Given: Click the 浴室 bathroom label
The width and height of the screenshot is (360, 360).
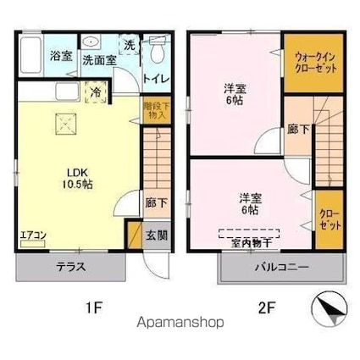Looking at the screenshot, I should click(59, 57).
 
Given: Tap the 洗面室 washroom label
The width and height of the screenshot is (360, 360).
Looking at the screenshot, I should click(99, 61).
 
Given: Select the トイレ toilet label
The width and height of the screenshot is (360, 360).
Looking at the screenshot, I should click(156, 79).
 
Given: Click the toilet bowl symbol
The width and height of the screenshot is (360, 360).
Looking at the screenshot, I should click(155, 52).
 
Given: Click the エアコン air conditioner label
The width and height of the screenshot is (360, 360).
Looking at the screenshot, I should click(34, 235).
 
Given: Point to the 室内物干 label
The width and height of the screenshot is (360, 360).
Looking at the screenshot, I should click(252, 243).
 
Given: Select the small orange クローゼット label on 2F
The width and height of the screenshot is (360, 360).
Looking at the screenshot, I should click(330, 222).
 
